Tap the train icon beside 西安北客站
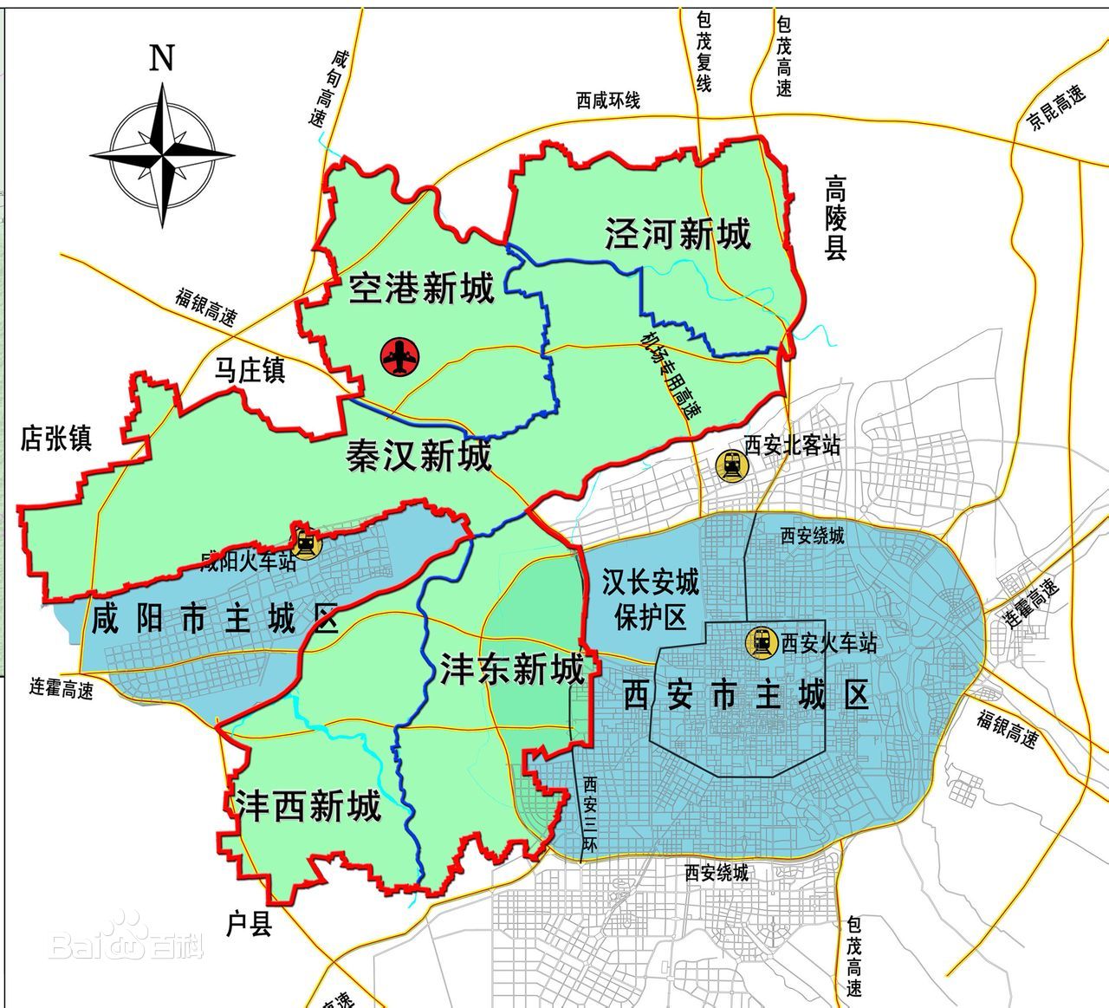click(731, 466)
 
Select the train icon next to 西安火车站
click(762, 642)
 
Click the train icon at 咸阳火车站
click(305, 543)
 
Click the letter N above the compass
click(162, 58)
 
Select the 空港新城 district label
click(421, 289)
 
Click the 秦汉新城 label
click(419, 455)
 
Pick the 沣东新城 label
click(512, 669)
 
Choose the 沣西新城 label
click(308, 806)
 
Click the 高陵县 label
click(835, 218)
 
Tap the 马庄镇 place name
click(250, 371)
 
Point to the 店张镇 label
click(56, 439)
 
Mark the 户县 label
click(250, 925)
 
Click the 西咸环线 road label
click(608, 101)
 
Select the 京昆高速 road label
click(1056, 107)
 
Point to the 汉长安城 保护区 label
click(651, 599)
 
